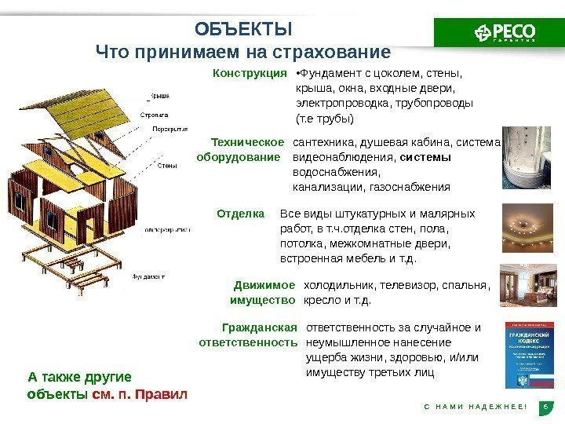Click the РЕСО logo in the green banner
pos(505,32)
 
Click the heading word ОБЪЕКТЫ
pos(242,30)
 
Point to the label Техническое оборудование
pos(240,149)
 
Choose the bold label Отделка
pos(240,213)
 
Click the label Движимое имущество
pos(262,292)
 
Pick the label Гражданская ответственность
pos(249,334)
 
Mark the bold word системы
pos(425,157)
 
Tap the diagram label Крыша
pos(160,97)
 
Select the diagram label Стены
pos(166,166)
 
